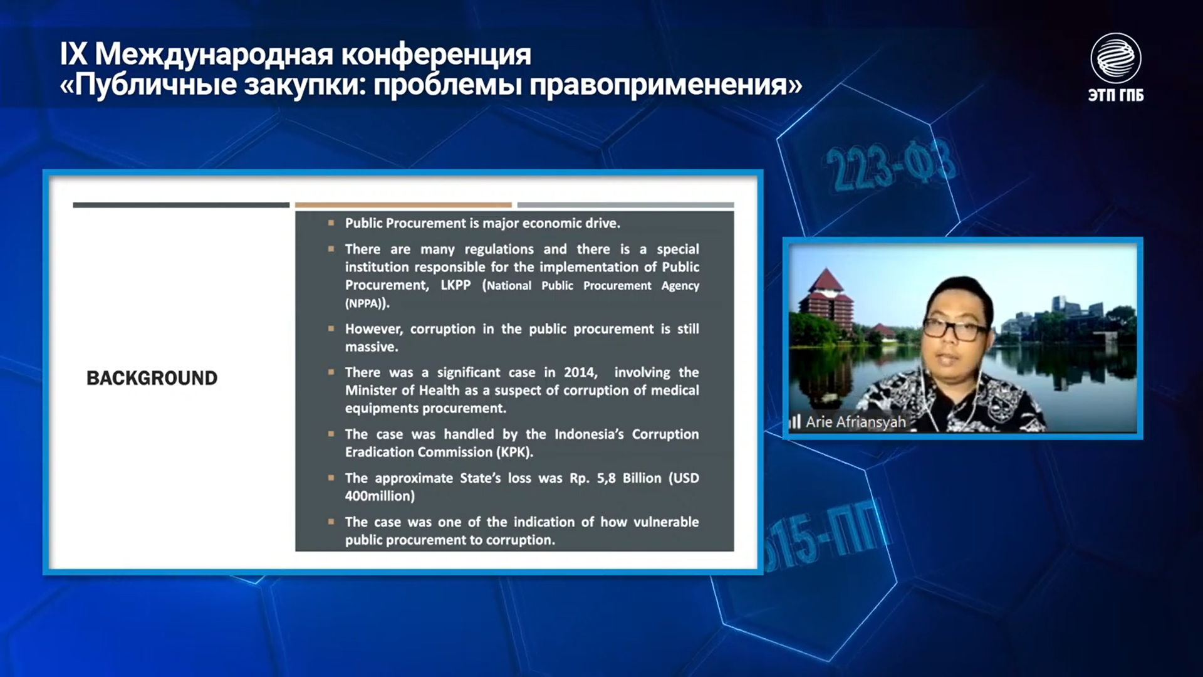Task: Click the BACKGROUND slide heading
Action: (x=152, y=378)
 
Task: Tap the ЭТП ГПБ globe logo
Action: (x=1115, y=58)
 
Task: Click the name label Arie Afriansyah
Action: (x=855, y=422)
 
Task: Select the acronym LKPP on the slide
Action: (x=456, y=285)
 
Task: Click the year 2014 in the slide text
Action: (x=580, y=372)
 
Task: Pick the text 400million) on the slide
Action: (x=380, y=496)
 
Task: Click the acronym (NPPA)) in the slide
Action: (x=367, y=303)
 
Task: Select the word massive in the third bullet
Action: (x=370, y=347)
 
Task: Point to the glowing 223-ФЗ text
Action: (x=890, y=165)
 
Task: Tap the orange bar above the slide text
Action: (x=404, y=205)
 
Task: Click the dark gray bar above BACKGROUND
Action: (x=181, y=205)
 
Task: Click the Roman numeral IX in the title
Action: (x=73, y=55)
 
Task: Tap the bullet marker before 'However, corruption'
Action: (x=331, y=328)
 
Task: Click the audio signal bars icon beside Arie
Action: (x=795, y=421)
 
